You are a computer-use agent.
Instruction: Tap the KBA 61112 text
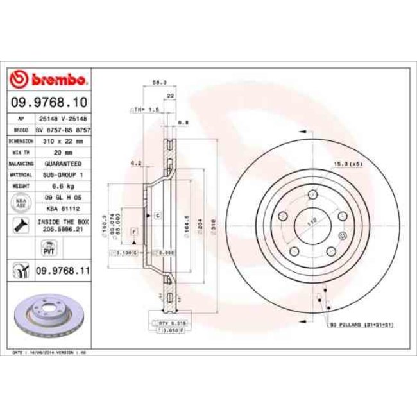(63, 208)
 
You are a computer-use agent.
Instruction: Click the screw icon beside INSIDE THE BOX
(21, 225)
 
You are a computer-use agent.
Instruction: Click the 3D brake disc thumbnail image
(49, 316)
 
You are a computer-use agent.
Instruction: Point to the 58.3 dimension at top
(155, 83)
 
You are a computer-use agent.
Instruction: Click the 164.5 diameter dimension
(185, 226)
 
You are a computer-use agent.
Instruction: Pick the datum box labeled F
(134, 230)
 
